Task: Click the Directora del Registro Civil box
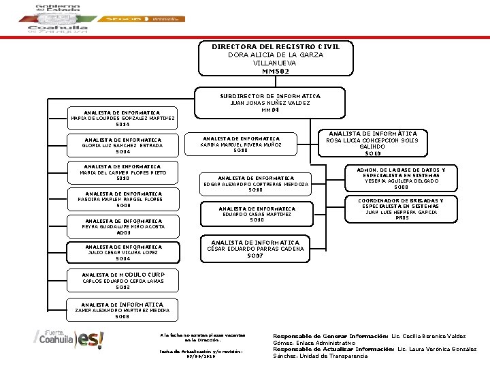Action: [x=276, y=58]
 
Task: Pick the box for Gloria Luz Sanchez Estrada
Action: [x=123, y=145]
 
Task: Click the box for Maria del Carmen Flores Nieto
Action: [x=123, y=172]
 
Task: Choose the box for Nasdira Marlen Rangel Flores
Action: [x=123, y=199]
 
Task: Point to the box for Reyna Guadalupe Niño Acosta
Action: [x=123, y=226]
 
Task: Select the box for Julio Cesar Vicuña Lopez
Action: [x=123, y=253]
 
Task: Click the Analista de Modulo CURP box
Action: [x=123, y=280]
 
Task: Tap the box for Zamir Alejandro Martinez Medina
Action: [x=123, y=309]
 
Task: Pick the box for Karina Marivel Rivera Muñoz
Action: [x=240, y=144]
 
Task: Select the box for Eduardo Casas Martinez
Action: [x=257, y=214]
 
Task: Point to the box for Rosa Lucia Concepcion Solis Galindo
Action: [x=372, y=144]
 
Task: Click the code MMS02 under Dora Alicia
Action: [x=276, y=71]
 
